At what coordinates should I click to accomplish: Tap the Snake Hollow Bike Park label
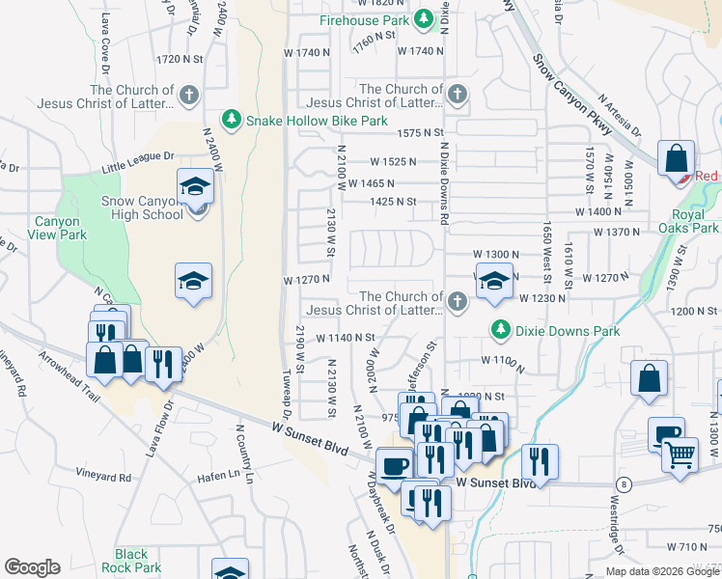click(317, 121)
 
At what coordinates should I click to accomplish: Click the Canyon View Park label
click(59, 228)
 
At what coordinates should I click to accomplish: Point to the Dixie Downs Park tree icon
click(500, 330)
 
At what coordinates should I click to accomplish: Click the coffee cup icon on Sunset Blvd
click(393, 465)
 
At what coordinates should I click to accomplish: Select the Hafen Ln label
click(217, 473)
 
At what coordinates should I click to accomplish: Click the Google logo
click(32, 567)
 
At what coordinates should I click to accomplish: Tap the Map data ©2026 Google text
click(661, 571)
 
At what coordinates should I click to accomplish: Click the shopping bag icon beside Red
click(676, 157)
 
